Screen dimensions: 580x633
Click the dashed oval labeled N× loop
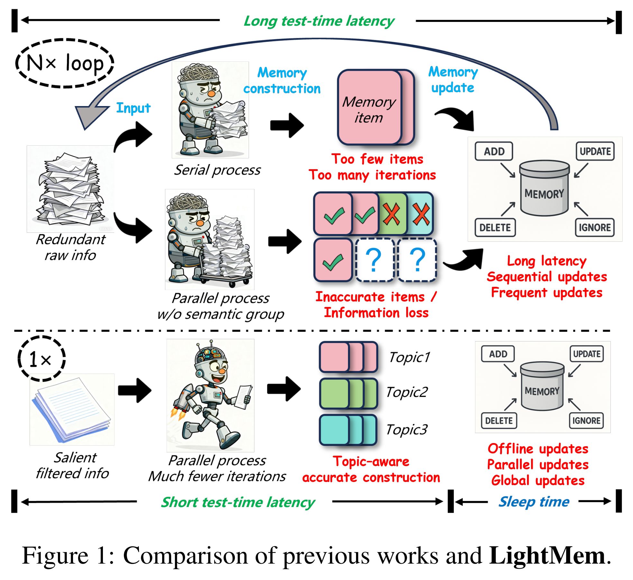click(x=65, y=63)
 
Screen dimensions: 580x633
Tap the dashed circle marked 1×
click(x=41, y=359)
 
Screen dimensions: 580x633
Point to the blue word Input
click(x=133, y=108)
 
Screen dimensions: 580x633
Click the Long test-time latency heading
click(x=319, y=21)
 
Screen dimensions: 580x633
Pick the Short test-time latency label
click(x=238, y=502)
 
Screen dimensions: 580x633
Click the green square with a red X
click(x=391, y=213)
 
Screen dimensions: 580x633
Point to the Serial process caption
click(x=217, y=170)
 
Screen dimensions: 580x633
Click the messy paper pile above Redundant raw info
click(x=71, y=190)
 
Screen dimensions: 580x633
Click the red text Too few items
click(x=377, y=159)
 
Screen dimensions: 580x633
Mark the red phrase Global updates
click(x=538, y=480)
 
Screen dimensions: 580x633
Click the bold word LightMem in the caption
click(x=547, y=556)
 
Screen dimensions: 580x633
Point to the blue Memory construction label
click(x=282, y=80)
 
